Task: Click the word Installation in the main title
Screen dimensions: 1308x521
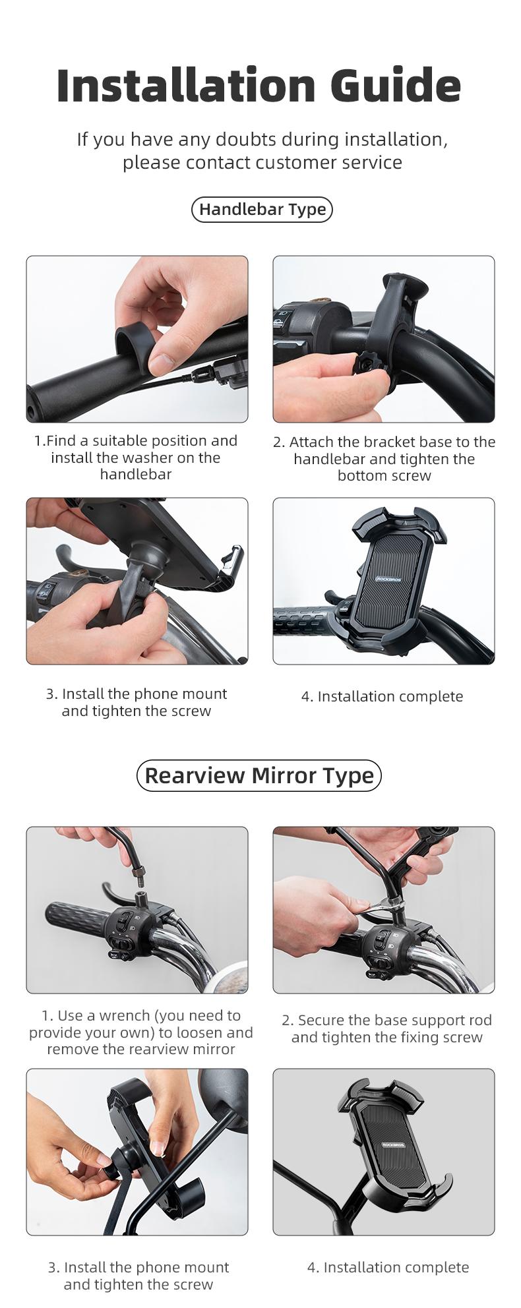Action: (187, 86)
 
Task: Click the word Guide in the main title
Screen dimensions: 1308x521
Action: (395, 86)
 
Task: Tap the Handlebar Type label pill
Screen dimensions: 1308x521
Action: (262, 210)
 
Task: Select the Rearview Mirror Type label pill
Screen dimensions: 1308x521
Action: (259, 775)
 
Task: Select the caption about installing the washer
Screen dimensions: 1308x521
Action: (136, 458)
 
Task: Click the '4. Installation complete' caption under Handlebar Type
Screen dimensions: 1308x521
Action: (382, 697)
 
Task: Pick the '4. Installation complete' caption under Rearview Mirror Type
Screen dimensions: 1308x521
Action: (388, 1267)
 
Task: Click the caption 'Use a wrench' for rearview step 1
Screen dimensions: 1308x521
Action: (140, 1032)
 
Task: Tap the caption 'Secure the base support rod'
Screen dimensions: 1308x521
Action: (386, 1028)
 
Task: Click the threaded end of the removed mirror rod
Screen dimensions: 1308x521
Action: (140, 874)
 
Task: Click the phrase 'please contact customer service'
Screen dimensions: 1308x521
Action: (262, 162)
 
